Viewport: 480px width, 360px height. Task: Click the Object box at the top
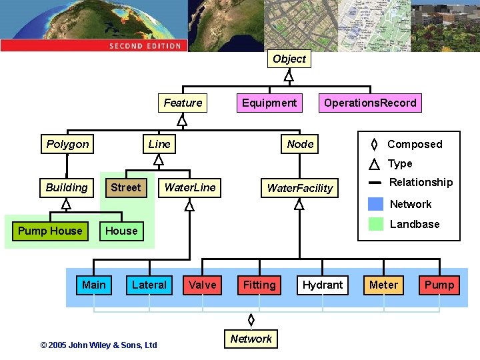pos(289,59)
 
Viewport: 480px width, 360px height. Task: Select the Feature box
pos(183,103)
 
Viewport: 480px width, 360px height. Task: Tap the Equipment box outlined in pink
pos(269,103)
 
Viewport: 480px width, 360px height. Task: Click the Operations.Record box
pos(370,103)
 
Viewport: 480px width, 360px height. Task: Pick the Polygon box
pos(67,144)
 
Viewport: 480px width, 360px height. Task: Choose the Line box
pos(159,144)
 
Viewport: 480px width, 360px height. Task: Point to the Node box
pos(300,144)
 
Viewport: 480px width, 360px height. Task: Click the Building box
pos(67,187)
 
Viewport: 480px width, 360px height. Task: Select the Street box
pos(126,187)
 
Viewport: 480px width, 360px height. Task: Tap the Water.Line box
pos(190,187)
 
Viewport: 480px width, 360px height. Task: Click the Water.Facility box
pos(299,188)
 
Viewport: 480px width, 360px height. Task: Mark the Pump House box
pos(50,231)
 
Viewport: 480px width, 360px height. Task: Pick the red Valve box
pos(203,285)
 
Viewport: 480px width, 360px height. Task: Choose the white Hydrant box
pos(323,285)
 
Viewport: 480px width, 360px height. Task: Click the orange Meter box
pos(383,285)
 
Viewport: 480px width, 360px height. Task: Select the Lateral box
pos(149,285)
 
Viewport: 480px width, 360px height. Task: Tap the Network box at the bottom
pos(251,339)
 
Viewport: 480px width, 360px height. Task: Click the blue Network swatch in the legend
pos(376,204)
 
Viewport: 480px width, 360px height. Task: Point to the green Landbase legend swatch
pos(376,224)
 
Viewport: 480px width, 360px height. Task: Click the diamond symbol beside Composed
pos(375,144)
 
